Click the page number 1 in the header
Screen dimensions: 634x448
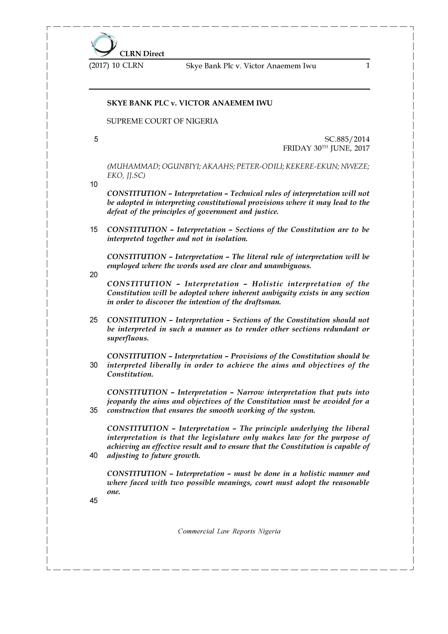tap(367, 66)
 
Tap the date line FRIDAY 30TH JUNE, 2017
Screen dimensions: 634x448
tap(326, 149)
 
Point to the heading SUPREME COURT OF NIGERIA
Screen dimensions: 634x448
tap(163, 121)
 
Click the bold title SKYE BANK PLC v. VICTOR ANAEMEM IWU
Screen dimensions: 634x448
tap(189, 103)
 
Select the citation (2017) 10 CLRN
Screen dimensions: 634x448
tap(116, 66)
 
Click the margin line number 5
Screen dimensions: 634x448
tap(96, 139)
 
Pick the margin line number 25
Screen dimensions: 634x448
tap(94, 320)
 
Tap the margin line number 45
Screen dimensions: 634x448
tap(94, 501)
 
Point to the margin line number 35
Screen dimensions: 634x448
tap(94, 410)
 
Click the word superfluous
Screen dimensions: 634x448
tap(128, 338)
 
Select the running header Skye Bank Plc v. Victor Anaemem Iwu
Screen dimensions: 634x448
tap(251, 66)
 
